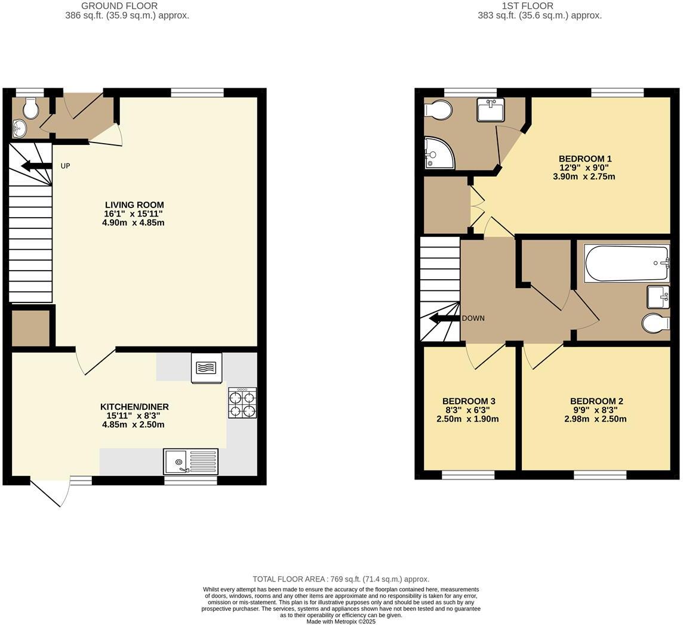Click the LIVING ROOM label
pyautogui.click(x=134, y=205)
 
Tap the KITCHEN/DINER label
pyautogui.click(x=134, y=407)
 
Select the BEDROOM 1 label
pyautogui.click(x=585, y=159)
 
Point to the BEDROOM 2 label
pyautogui.click(x=596, y=401)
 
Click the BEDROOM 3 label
pyautogui.click(x=469, y=401)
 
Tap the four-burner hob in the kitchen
pyautogui.click(x=242, y=403)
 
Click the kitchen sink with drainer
pyautogui.click(x=190, y=462)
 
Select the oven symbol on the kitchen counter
pyautogui.click(x=206, y=367)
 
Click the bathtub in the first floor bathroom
pyautogui.click(x=626, y=263)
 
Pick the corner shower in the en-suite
pyautogui.click(x=438, y=153)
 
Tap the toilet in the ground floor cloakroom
pyautogui.click(x=30, y=109)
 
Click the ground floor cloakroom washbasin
pyautogui.click(x=19, y=128)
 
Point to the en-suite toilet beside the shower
pyautogui.click(x=438, y=110)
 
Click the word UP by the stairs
pyautogui.click(x=65, y=166)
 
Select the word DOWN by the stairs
pyautogui.click(x=473, y=318)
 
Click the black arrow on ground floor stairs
pyautogui.click(x=36, y=166)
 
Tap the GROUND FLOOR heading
pyautogui.click(x=119, y=6)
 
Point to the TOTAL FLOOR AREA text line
pyautogui.click(x=341, y=579)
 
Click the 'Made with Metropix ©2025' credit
pyautogui.click(x=341, y=621)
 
